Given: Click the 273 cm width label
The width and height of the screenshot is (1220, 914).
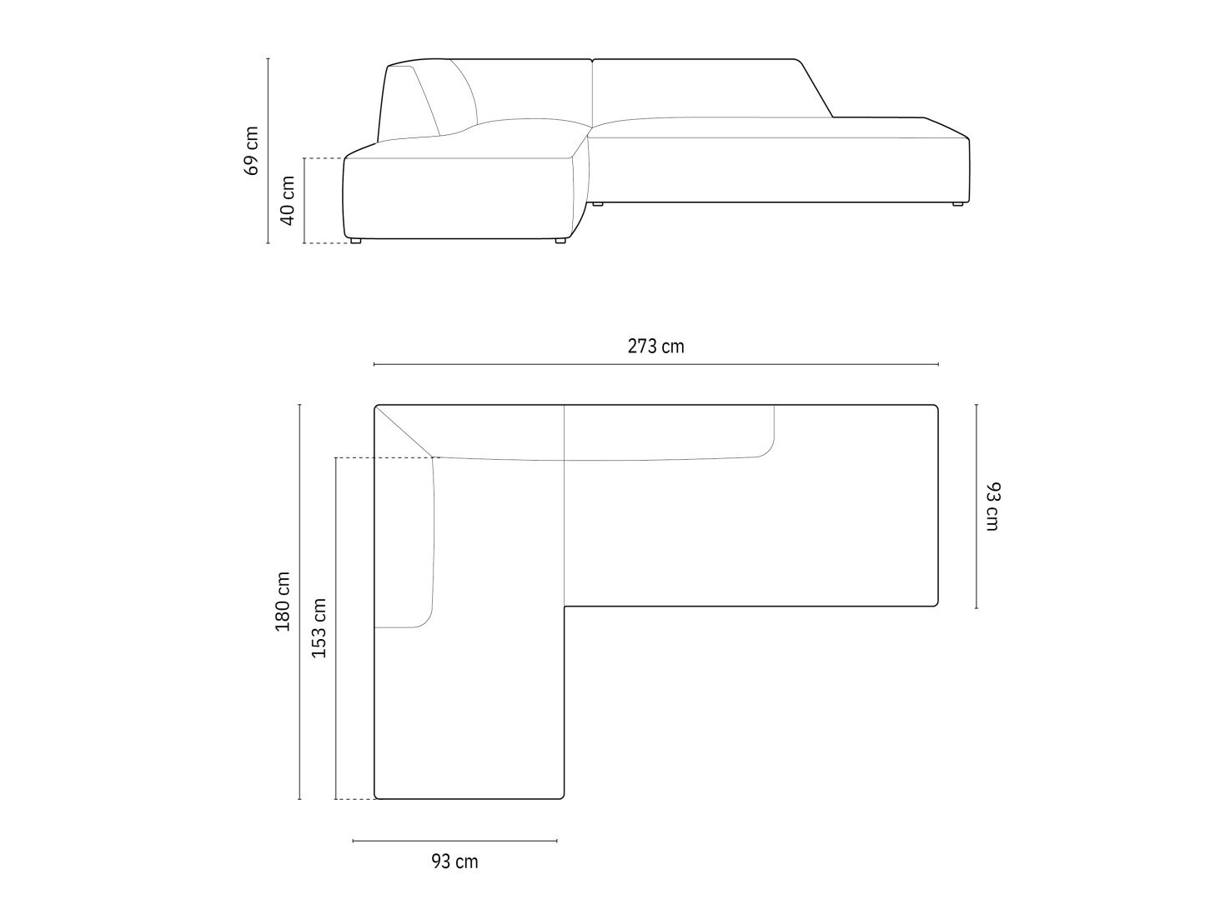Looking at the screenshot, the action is point(655,347).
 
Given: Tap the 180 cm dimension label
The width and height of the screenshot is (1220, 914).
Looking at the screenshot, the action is point(283,602).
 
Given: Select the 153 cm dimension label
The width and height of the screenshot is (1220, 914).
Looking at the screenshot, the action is point(319,628).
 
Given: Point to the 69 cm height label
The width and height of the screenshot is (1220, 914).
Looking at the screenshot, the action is point(251,151).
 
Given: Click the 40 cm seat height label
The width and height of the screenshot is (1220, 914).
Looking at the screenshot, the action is point(288,201).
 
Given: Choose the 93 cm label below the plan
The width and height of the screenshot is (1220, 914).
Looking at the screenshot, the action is point(454,862).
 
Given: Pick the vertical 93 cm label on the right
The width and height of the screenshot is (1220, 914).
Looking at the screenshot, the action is point(992,507).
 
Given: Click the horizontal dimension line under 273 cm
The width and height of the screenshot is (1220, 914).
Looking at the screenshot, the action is point(655,364).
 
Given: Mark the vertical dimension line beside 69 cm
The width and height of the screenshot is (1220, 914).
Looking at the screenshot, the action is point(268,151).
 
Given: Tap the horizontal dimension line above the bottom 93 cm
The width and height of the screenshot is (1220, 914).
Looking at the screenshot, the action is point(454,841).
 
